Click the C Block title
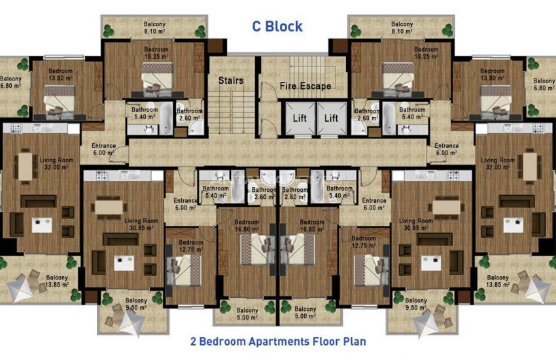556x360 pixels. pyautogui.click(x=277, y=26)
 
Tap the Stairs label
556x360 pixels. pyautogui.click(x=231, y=81)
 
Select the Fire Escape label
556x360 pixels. pyautogui.click(x=305, y=86)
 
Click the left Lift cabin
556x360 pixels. pyautogui.click(x=300, y=118)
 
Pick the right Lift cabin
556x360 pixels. pyautogui.click(x=332, y=118)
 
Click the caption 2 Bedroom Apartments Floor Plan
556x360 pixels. pyautogui.click(x=278, y=342)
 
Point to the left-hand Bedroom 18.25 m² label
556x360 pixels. pyautogui.click(x=156, y=53)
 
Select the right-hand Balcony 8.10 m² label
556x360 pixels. pyautogui.click(x=402, y=27)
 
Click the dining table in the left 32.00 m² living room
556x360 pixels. pyautogui.click(x=25, y=166)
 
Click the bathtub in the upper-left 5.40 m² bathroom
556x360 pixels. pyautogui.click(x=165, y=118)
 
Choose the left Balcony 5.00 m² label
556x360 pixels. pyautogui.click(x=247, y=314)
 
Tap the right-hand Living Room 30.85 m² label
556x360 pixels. pyautogui.click(x=415, y=224)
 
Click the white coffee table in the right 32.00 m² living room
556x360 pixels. pyautogui.click(x=513, y=225)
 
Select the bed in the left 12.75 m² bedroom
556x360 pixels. pyautogui.click(x=184, y=270)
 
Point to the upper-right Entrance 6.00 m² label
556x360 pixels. pyautogui.click(x=446, y=149)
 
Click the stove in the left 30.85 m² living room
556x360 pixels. pyautogui.click(x=101, y=175)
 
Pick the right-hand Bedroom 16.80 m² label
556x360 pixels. pyautogui.click(x=311, y=226)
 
